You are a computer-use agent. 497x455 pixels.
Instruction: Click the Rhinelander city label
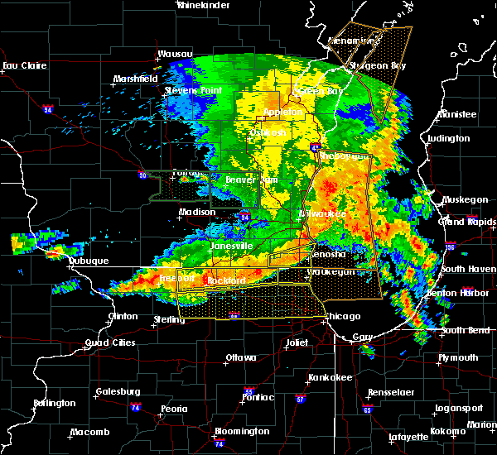(x=203, y=5)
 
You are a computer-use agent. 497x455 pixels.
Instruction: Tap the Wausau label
(x=175, y=55)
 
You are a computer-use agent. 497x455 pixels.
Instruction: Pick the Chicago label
(x=342, y=317)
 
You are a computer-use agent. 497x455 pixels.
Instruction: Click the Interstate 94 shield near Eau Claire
(x=48, y=108)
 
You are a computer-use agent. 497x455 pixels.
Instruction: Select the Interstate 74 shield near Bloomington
(x=218, y=444)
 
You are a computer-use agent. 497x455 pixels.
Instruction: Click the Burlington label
(x=54, y=404)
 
